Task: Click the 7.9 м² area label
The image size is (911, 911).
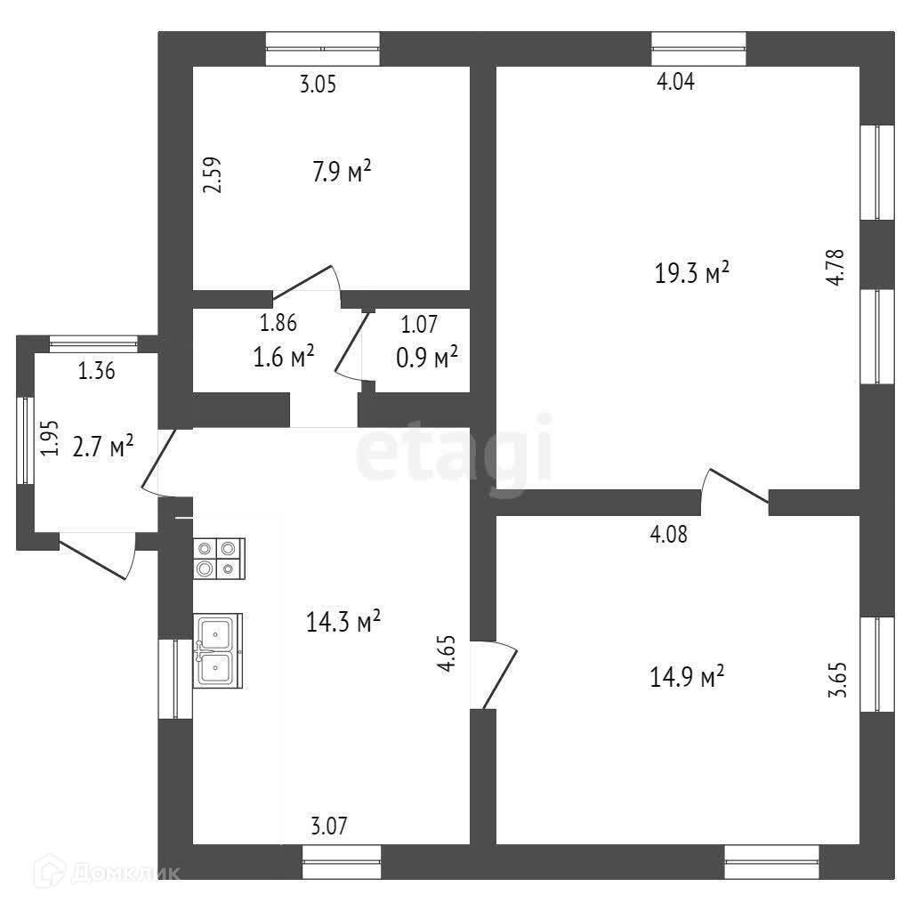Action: coord(341,171)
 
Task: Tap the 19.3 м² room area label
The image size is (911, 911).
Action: coord(692,273)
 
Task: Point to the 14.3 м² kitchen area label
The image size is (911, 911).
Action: coord(343,621)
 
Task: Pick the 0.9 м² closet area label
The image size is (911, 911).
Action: coord(426,357)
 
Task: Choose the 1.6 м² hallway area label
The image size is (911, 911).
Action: coord(284,357)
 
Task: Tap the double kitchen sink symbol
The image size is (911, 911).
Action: coord(217,650)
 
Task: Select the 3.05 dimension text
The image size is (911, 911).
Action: coord(318,85)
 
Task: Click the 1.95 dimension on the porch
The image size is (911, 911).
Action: coord(51,438)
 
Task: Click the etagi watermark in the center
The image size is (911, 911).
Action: coord(454,455)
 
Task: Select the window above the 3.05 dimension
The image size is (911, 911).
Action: coord(323,48)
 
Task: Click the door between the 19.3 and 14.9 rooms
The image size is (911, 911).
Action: coord(736,492)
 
